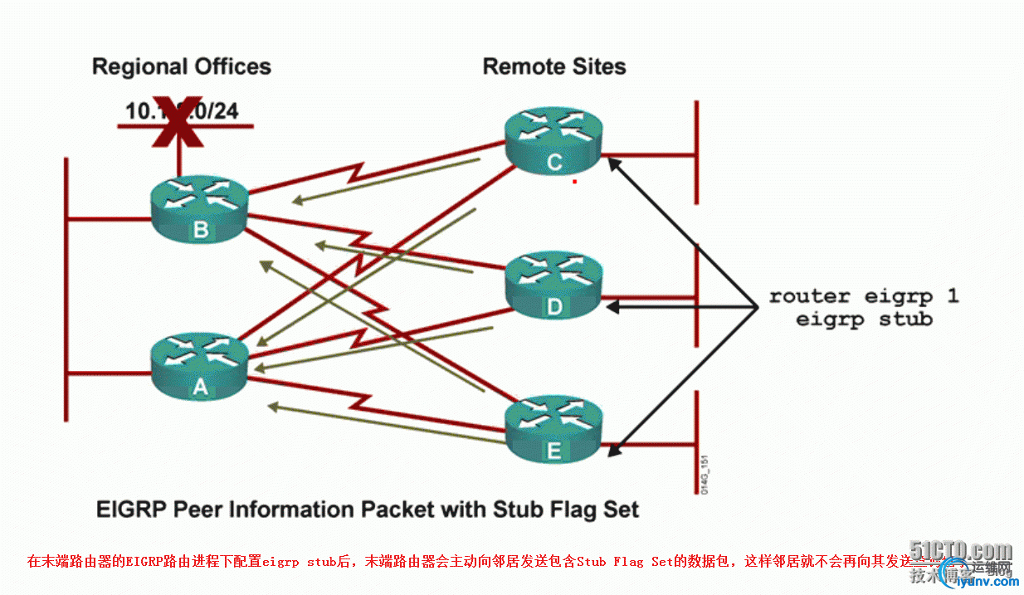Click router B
200,211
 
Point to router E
554,430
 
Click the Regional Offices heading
181,66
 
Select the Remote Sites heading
554,66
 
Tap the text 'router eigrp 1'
863,296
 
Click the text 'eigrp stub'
863,319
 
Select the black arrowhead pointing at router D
612,307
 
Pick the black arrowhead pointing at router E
612,451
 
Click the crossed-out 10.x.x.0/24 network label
182,110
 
